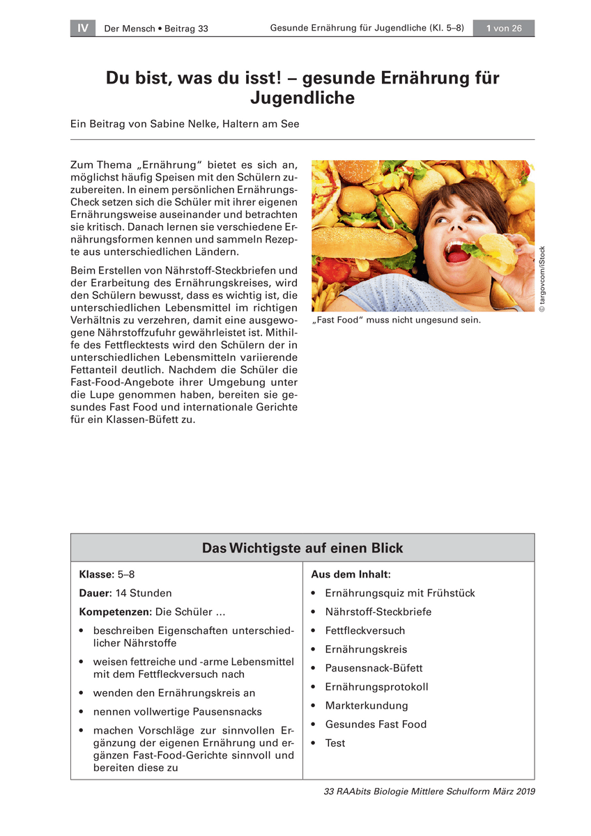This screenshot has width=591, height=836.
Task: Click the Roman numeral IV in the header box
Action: (82, 28)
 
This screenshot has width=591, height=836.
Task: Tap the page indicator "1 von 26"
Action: (503, 28)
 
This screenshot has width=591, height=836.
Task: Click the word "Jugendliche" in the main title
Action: (302, 98)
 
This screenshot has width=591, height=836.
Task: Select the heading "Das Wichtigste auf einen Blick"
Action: (302, 548)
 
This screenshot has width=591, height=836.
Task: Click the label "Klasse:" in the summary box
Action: (96, 575)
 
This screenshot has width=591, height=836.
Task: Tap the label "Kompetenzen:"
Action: (115, 612)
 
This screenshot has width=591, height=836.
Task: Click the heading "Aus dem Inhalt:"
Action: (351, 575)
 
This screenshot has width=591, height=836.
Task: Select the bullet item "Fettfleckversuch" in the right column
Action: (364, 630)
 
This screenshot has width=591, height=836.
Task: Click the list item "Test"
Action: (335, 743)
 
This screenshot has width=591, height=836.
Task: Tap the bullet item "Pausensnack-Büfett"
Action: (374, 668)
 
